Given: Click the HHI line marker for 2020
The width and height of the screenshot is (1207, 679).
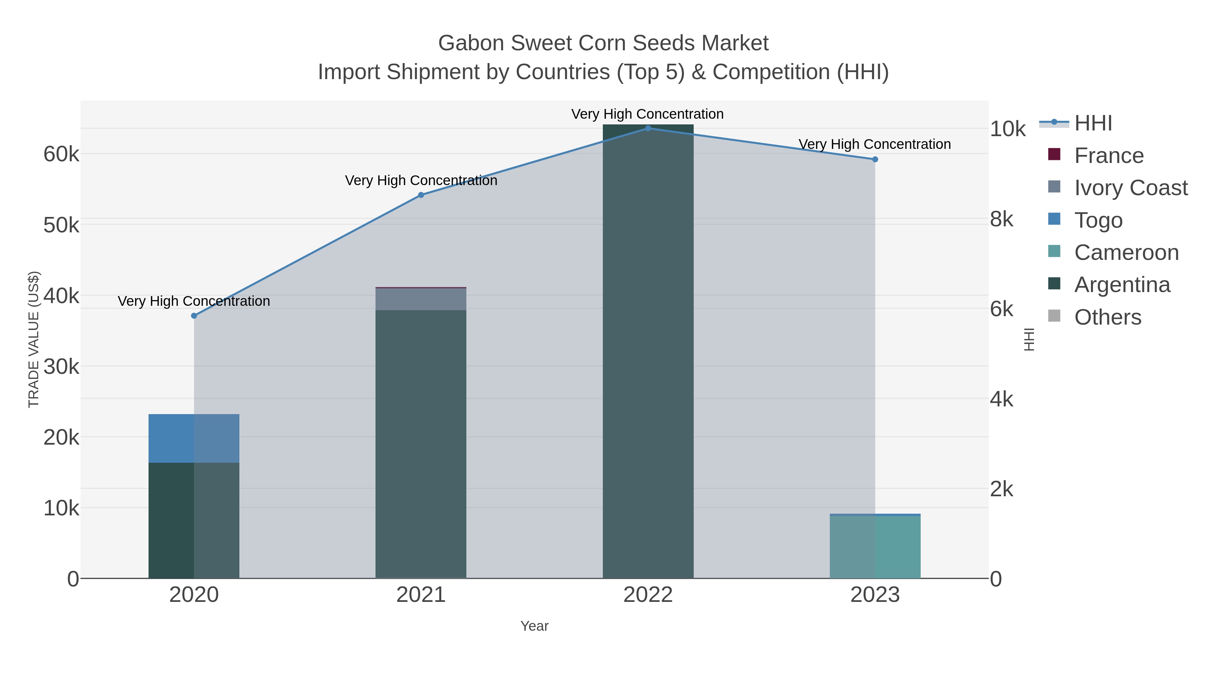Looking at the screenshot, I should [x=194, y=316].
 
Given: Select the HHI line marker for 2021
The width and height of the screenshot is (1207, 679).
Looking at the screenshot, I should [x=421, y=195].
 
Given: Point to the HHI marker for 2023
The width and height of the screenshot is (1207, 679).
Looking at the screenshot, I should [x=875, y=159].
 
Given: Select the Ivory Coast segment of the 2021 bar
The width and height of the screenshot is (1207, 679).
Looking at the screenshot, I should [x=421, y=299].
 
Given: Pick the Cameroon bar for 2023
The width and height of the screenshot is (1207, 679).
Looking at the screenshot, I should [x=875, y=547].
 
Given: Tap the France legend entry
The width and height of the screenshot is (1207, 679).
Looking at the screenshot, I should [x=1109, y=156].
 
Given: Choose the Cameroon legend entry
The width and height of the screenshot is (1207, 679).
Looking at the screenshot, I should [x=1126, y=252].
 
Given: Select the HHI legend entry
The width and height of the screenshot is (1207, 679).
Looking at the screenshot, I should [x=1093, y=123].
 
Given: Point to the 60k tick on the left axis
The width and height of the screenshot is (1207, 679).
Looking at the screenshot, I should [x=61, y=154].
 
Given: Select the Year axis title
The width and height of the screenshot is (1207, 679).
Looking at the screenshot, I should [x=534, y=626].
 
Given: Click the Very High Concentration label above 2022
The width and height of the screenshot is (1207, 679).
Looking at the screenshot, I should [x=647, y=114].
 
